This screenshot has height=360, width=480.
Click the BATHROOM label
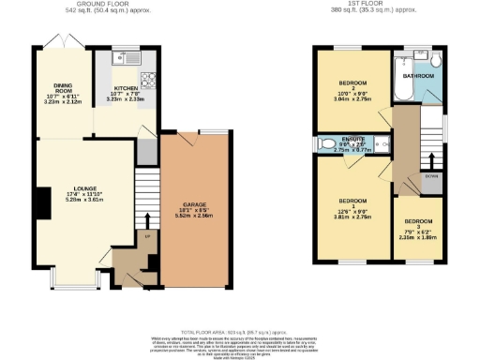point(417,75)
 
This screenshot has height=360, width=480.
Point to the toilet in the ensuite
point(324,144)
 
